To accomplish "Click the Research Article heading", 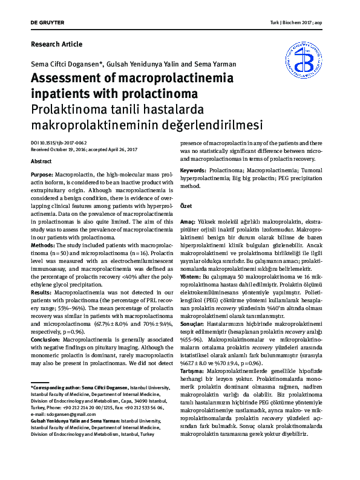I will (x=56, y=44).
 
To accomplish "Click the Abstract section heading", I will (x=41, y=162).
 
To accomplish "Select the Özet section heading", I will (x=186, y=206).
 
